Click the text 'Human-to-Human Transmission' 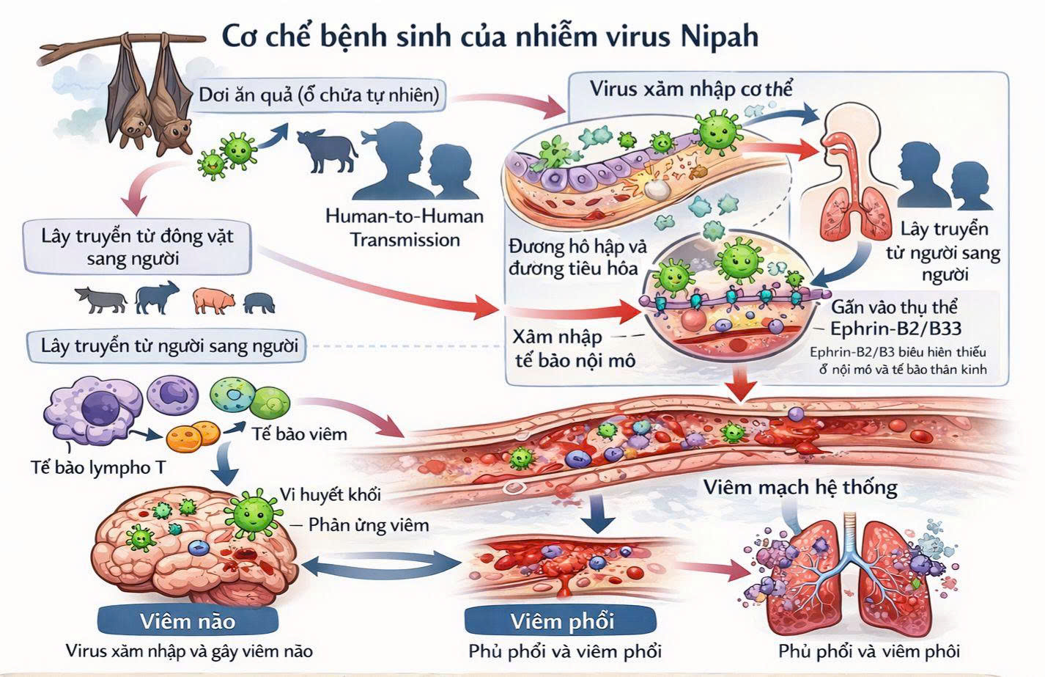tap(405, 228)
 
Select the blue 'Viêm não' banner tap(188, 621)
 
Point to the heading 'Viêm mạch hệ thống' tap(800, 487)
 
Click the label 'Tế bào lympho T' tap(98, 466)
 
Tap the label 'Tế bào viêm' tap(299, 433)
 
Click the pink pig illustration tap(214, 299)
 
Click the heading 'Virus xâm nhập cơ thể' tap(691, 89)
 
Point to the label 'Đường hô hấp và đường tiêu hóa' tap(574, 257)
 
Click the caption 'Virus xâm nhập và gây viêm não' tap(189, 651)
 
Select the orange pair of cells tap(193, 437)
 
